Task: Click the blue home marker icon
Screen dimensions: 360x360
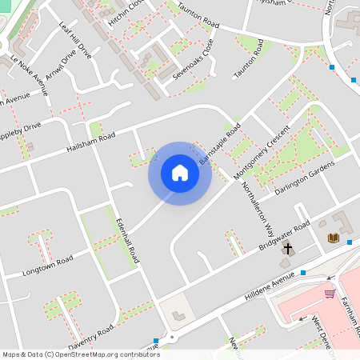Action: (180, 173)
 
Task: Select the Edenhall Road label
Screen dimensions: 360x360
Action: (129, 240)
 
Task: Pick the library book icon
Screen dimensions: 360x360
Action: (333, 238)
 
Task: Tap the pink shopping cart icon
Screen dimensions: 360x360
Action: (329, 294)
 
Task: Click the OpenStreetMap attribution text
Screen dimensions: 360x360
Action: (80, 354)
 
